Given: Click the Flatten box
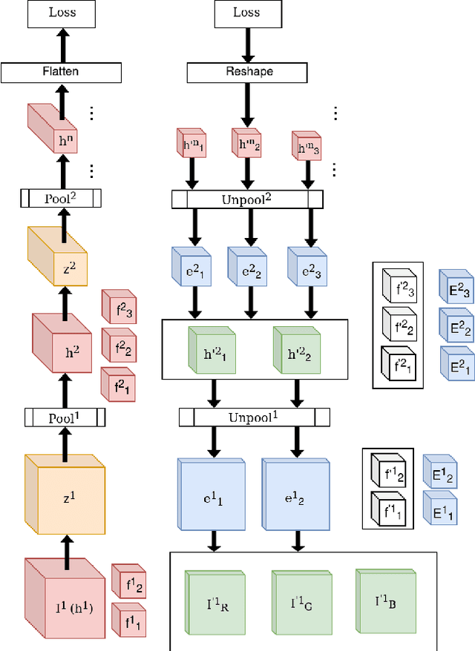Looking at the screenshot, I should tap(61, 73).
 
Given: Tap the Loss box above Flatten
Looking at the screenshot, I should tap(62, 13).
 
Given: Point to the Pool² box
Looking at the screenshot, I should tap(61, 199).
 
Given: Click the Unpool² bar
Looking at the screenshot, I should tap(248, 199).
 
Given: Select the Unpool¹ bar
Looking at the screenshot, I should tap(255, 418).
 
